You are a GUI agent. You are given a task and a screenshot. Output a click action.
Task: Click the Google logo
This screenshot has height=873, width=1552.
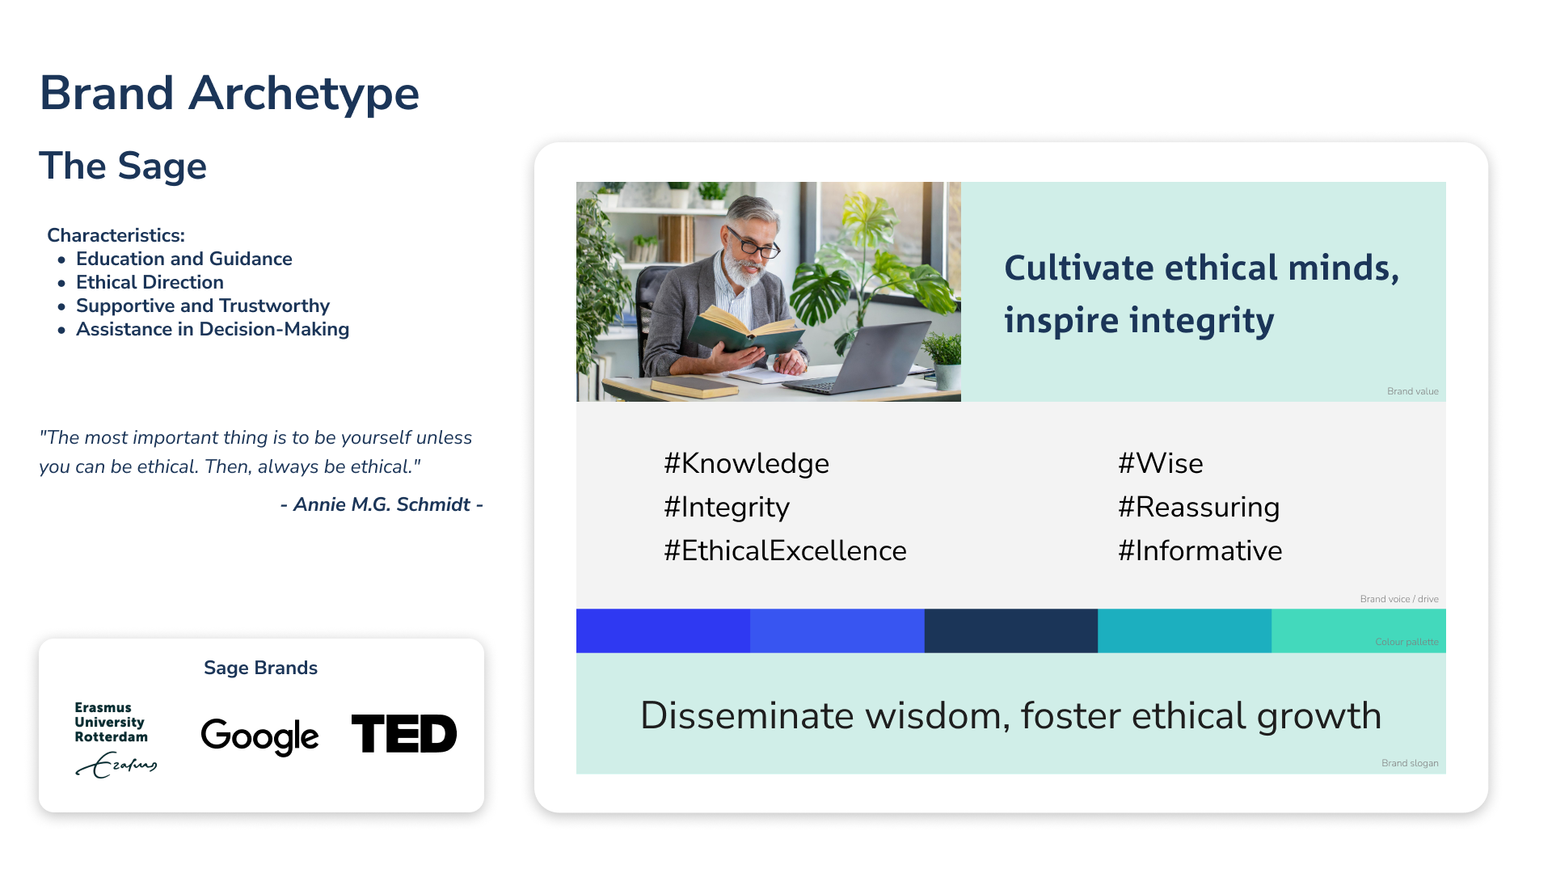(259, 736)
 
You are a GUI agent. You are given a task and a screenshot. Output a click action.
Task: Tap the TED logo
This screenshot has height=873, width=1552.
(404, 733)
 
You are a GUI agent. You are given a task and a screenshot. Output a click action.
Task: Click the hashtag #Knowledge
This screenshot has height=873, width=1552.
(746, 463)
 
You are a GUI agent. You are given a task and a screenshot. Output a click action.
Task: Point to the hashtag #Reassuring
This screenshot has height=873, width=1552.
(1199, 507)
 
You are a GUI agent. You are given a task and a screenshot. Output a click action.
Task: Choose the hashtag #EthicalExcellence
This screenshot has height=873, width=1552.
(785, 550)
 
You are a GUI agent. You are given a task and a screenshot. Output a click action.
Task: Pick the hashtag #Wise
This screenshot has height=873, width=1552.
(1161, 463)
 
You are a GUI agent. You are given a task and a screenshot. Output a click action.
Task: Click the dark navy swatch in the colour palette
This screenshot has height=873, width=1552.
(1010, 630)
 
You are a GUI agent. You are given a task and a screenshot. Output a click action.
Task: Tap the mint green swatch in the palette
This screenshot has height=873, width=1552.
(1358, 630)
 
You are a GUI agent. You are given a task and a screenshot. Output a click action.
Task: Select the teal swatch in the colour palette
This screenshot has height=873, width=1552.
(1184, 630)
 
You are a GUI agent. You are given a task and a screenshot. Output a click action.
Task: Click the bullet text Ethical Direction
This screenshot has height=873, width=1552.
(150, 282)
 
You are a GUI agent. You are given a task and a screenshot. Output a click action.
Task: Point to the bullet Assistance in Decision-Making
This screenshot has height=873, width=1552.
(213, 329)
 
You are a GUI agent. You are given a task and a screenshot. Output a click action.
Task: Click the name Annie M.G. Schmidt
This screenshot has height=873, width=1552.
(382, 504)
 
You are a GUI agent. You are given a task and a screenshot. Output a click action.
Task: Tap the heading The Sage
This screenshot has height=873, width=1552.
(123, 166)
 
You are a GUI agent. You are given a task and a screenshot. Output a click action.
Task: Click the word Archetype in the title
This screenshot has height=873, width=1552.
(304, 94)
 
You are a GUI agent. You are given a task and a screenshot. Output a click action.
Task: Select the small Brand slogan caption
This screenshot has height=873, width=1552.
(1410, 763)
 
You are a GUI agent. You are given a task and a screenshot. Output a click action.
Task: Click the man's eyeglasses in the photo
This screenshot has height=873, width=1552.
(753, 243)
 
